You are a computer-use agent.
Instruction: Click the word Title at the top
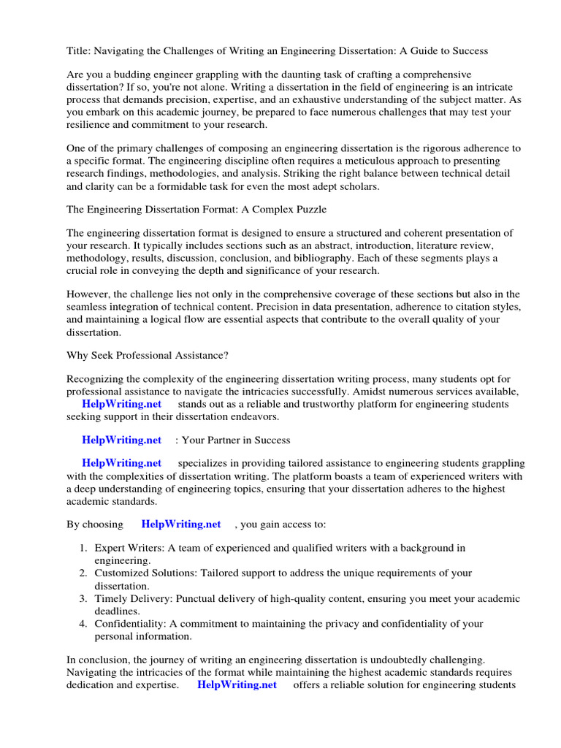[x=78, y=51]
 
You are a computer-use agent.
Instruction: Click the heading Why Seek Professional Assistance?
[x=147, y=355]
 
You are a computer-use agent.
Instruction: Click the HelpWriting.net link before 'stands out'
[x=121, y=404]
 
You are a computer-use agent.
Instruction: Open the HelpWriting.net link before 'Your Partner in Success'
[x=121, y=440]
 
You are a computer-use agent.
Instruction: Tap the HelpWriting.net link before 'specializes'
[x=121, y=463]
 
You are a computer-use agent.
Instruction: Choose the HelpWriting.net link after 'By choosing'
[x=180, y=524]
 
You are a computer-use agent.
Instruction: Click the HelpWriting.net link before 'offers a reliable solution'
[x=237, y=684]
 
